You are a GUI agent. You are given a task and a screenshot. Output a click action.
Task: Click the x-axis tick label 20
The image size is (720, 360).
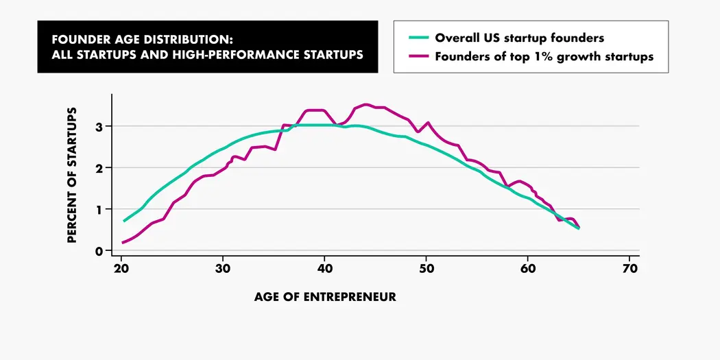(121, 268)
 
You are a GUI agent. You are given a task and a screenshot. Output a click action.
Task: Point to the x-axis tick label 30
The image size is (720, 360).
(223, 268)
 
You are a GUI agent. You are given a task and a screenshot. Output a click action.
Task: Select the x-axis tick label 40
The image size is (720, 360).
(324, 268)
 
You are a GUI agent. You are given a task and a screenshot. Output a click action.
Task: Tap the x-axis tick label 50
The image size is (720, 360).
(426, 268)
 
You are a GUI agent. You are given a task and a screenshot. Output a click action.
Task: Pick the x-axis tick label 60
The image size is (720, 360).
(528, 268)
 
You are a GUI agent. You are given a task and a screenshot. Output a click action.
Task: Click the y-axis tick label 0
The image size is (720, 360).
(99, 251)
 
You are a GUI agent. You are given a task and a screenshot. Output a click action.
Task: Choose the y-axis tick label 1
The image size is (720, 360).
(99, 209)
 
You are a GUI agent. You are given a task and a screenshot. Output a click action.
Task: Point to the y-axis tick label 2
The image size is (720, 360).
(99, 168)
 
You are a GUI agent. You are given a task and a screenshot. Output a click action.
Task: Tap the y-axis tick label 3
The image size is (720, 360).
(99, 126)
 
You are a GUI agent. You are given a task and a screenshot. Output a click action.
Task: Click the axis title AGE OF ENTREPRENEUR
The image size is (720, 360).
(325, 297)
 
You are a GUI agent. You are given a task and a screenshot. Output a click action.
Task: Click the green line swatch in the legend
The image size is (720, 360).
(417, 38)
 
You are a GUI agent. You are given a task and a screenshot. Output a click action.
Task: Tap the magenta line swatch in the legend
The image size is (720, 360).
(417, 57)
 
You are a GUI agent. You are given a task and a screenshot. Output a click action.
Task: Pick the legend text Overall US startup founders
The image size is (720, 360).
(519, 38)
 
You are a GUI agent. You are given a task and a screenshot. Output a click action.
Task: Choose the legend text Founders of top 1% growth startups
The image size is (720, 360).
(544, 57)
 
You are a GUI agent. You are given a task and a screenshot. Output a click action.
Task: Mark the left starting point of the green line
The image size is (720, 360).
(124, 221)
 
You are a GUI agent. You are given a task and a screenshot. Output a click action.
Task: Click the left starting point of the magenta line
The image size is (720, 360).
(123, 242)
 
